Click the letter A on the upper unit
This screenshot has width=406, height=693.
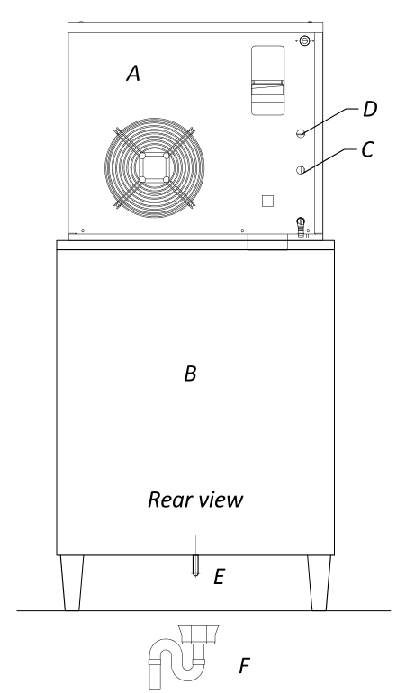(x=133, y=74)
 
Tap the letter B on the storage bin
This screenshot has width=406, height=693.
(x=190, y=373)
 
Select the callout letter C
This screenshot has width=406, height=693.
(x=368, y=149)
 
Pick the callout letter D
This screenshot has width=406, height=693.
(x=370, y=110)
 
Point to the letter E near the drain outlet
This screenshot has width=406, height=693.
(x=220, y=577)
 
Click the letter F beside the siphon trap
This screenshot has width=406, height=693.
(x=245, y=666)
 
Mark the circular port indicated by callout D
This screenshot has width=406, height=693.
(x=301, y=133)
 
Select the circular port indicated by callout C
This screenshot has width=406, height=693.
(x=301, y=170)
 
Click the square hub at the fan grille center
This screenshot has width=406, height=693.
(x=154, y=167)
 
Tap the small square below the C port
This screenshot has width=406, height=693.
(x=267, y=201)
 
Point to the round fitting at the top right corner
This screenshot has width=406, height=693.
(x=304, y=41)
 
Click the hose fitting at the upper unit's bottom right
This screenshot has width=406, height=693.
(x=302, y=227)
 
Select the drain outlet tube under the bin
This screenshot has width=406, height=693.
(x=195, y=565)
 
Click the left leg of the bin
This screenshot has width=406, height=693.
(x=72, y=582)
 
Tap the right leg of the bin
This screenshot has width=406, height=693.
(x=320, y=582)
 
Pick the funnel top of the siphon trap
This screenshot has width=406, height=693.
(x=199, y=634)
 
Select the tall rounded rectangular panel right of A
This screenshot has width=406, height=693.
(x=267, y=80)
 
